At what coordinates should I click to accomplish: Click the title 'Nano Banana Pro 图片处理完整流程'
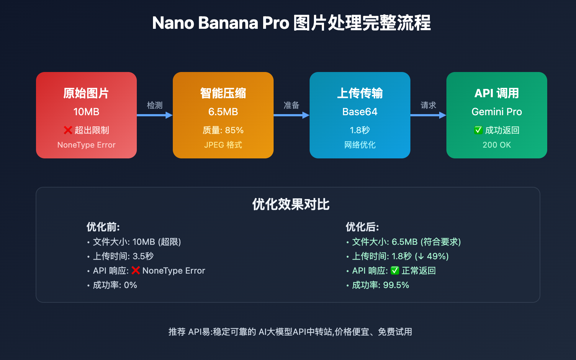tap(291, 23)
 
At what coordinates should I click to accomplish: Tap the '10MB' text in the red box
tap(86, 112)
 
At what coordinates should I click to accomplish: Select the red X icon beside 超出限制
tap(68, 130)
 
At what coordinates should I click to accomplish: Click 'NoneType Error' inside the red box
tap(86, 145)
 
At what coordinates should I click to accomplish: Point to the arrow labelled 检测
tap(154, 115)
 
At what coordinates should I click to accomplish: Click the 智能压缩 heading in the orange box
tap(223, 93)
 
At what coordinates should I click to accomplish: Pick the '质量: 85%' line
tap(223, 130)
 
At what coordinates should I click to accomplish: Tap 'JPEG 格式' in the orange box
tap(223, 145)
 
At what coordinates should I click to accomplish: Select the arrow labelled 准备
tap(291, 115)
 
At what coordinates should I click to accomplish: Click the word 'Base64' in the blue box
tap(360, 112)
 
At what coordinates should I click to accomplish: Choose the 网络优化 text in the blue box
tap(360, 145)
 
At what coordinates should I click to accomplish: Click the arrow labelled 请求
tap(428, 115)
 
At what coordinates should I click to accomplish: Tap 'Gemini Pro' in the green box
tap(497, 112)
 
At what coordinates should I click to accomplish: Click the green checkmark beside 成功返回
tap(478, 130)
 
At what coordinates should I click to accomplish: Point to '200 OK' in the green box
tap(497, 145)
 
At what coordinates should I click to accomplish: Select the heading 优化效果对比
tap(291, 204)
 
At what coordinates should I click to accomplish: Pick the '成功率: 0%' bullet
tap(115, 285)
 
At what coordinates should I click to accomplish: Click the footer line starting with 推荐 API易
tap(290, 332)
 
